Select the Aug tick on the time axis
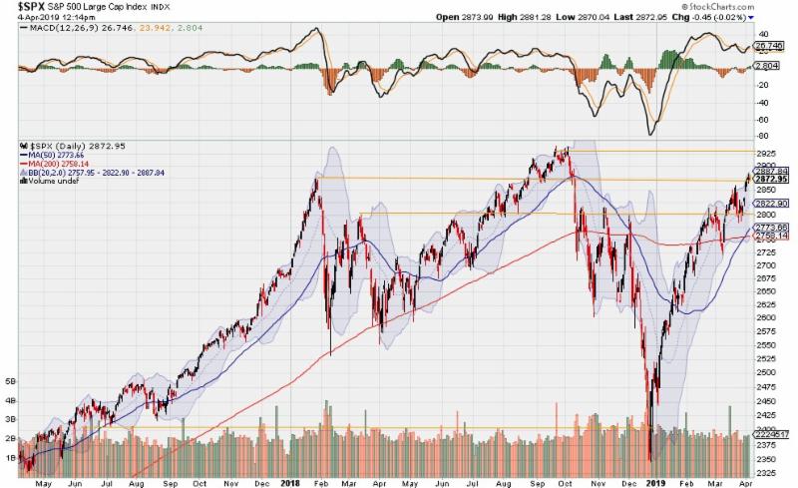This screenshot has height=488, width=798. click(137, 481)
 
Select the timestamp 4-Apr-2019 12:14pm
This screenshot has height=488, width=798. click(42, 17)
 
